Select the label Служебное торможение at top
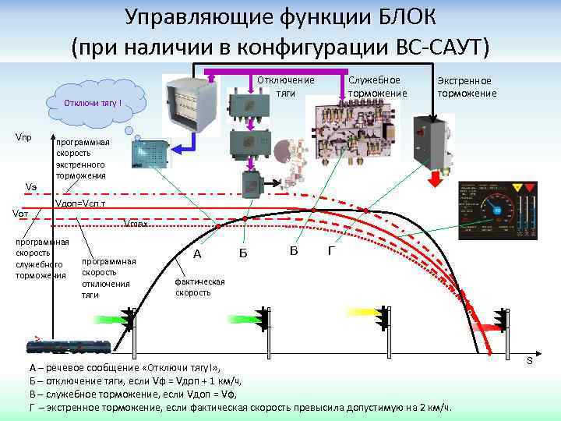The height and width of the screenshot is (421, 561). [374, 87]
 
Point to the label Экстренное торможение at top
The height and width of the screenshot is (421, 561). [467, 87]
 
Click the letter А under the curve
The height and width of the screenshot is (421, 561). [197, 254]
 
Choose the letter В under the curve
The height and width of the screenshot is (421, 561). [293, 250]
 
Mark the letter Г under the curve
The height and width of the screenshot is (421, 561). [333, 251]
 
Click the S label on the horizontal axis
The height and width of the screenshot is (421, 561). [529, 360]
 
